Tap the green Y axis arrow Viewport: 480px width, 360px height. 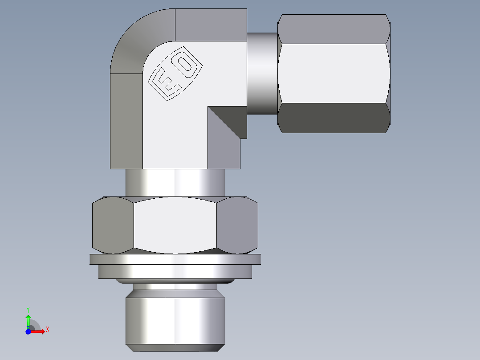(x=28, y=320)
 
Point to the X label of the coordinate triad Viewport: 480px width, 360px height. (x=47, y=329)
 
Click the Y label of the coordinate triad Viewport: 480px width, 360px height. (x=28, y=309)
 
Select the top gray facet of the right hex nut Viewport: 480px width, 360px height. (x=334, y=29)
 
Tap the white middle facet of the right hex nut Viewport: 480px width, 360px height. (x=334, y=74)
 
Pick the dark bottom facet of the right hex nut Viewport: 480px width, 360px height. (x=334, y=118)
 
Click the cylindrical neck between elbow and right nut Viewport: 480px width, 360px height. (x=262, y=74)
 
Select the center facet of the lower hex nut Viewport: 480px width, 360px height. (x=175, y=225)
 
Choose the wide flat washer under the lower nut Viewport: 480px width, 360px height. (x=175, y=259)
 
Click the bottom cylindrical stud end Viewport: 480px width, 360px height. (x=175, y=321)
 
